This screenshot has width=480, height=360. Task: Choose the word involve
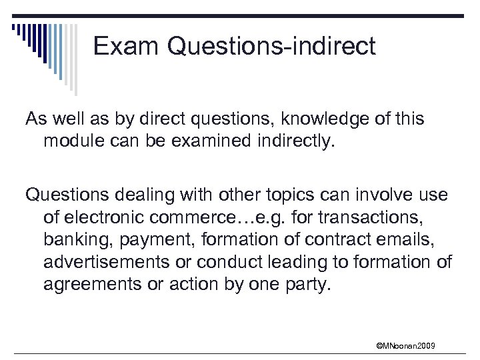tap(394, 196)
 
